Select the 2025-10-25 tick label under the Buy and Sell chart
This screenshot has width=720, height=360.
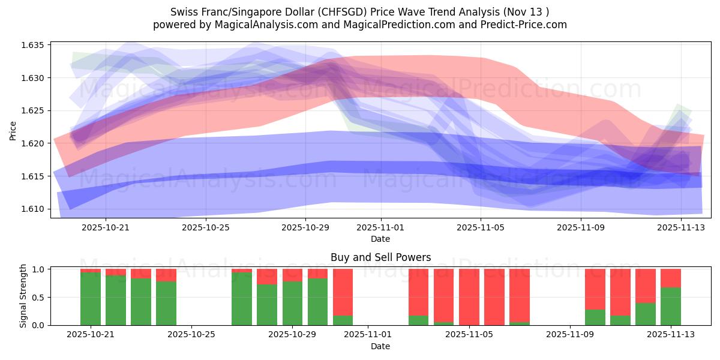191,335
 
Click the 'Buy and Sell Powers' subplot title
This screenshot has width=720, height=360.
380,257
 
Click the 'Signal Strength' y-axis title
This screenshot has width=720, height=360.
23,296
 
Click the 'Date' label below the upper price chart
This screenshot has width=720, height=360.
380,239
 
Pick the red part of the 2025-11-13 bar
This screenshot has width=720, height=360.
670,278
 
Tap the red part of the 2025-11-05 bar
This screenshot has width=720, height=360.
469,296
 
